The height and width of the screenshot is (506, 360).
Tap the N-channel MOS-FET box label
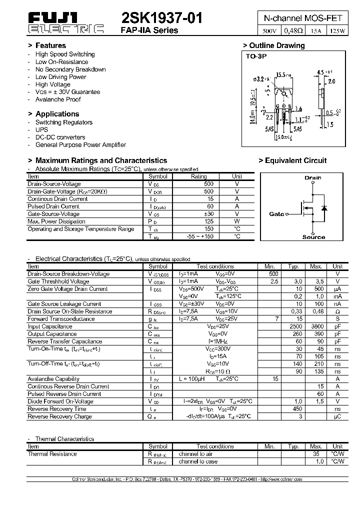click(x=303, y=18)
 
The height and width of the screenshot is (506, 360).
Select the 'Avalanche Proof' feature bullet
click(x=58, y=99)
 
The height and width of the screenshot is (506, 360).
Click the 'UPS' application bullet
click(x=41, y=129)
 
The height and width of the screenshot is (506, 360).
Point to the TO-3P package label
click(x=256, y=56)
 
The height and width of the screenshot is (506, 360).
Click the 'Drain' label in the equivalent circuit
click(x=313, y=177)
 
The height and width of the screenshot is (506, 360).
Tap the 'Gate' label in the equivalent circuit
click(x=276, y=214)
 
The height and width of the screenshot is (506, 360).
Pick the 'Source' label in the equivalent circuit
click(x=313, y=237)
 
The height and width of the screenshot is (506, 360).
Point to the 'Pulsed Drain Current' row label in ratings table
click(x=53, y=206)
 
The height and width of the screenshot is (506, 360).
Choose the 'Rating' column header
click(x=199, y=176)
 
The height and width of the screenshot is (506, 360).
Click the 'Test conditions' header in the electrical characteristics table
click(x=215, y=266)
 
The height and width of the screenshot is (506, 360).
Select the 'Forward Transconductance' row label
click(x=61, y=318)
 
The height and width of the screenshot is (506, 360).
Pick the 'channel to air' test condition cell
click(x=195, y=454)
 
